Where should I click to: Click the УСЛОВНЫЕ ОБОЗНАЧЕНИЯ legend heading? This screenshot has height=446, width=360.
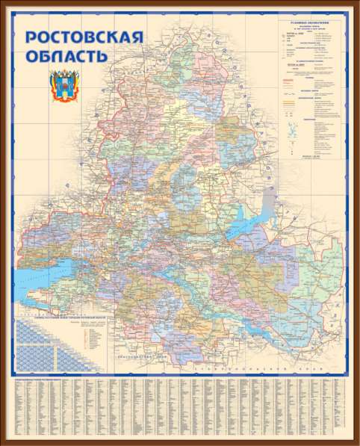tap(311, 25)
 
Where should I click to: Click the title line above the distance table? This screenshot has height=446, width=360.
tap(67, 317)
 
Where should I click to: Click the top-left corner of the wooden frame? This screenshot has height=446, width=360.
tap(3, 3)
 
